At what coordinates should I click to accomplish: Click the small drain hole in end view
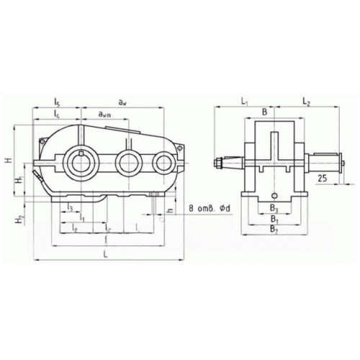pos(274,194)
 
